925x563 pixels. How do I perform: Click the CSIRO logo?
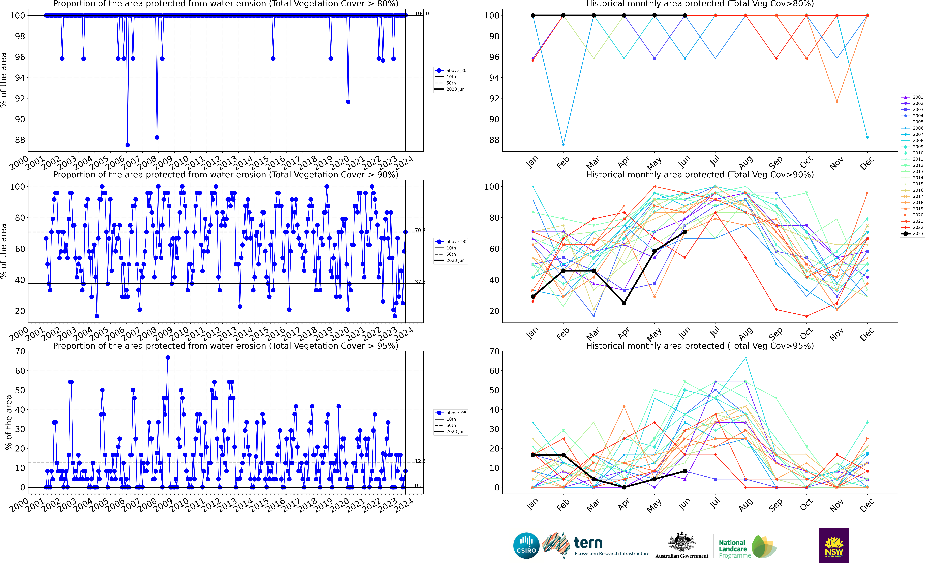pyautogui.click(x=526, y=545)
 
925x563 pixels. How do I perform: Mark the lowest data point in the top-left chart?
pyautogui.click(x=128, y=145)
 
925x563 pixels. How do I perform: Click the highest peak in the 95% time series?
pyautogui.click(x=168, y=358)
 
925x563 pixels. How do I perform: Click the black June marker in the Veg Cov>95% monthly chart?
pyautogui.click(x=685, y=471)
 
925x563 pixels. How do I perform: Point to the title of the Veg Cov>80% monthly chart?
pyautogui.click(x=700, y=4)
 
